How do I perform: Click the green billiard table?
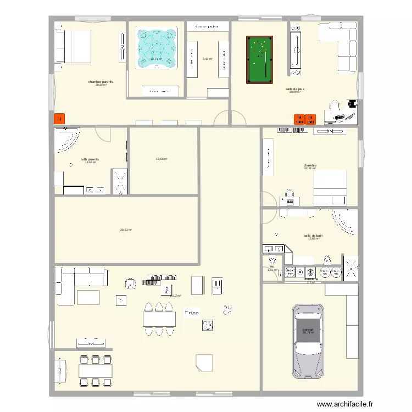[x=259, y=60]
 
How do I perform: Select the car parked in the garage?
[x=309, y=341]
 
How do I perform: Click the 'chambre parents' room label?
[x=101, y=81]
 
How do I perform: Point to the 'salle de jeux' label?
[x=295, y=88]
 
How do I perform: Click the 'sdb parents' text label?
[x=90, y=159]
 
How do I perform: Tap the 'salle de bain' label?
[x=313, y=235]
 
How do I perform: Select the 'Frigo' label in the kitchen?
[x=191, y=313]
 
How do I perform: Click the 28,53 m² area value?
[x=126, y=230]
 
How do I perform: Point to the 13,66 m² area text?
[x=162, y=159]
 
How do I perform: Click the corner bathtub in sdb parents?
[x=66, y=141]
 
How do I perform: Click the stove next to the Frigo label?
[x=208, y=325]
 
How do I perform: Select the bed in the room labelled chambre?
[x=330, y=187]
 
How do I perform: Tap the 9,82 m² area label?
[x=207, y=59]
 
